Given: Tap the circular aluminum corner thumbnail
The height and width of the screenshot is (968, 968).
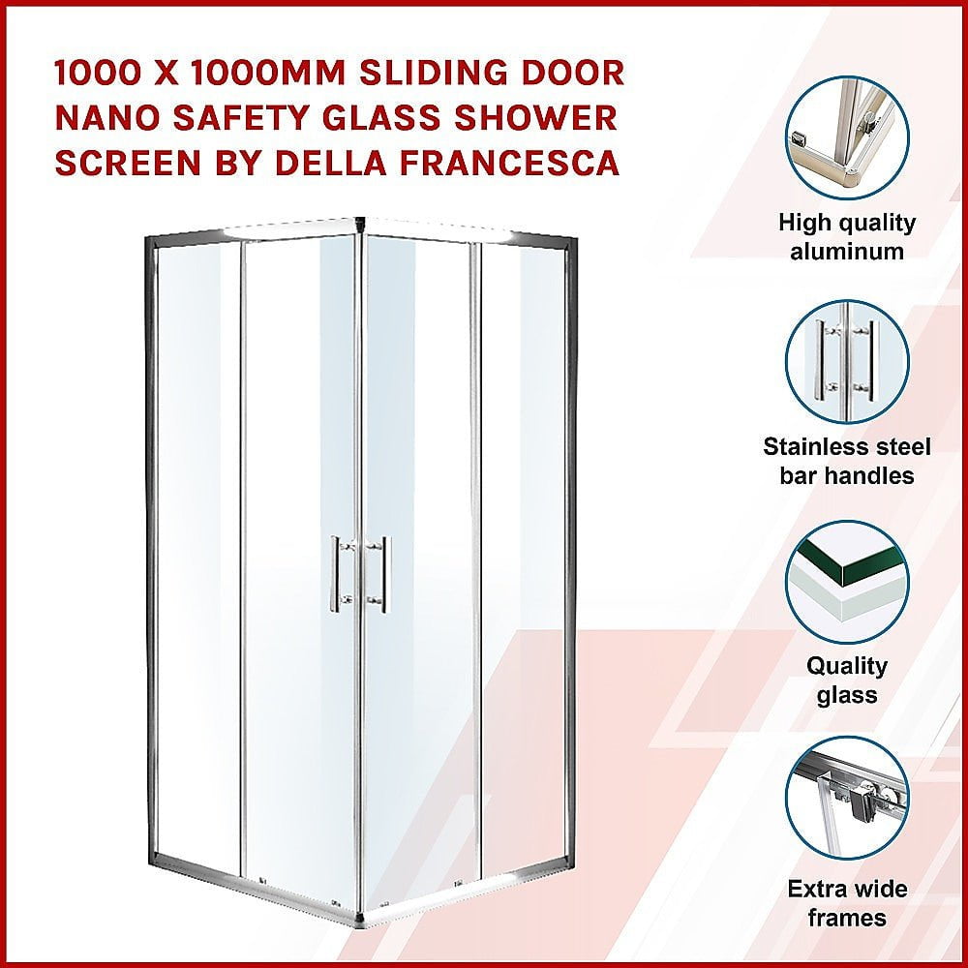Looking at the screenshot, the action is (847, 137).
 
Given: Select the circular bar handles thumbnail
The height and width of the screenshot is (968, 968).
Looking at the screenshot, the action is (847, 361).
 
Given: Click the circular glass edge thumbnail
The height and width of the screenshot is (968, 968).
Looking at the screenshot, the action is (847, 582).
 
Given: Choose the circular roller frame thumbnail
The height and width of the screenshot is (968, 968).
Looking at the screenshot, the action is (847, 798).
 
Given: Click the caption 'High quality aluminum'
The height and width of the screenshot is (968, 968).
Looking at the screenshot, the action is (847, 237).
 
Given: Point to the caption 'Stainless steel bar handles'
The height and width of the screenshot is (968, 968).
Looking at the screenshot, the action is (847, 461).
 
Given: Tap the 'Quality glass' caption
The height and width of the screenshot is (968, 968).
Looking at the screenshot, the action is (847, 681).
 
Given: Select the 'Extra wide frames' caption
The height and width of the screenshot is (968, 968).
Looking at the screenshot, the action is (847, 903).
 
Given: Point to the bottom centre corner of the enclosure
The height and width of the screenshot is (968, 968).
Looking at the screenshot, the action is (362, 922).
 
